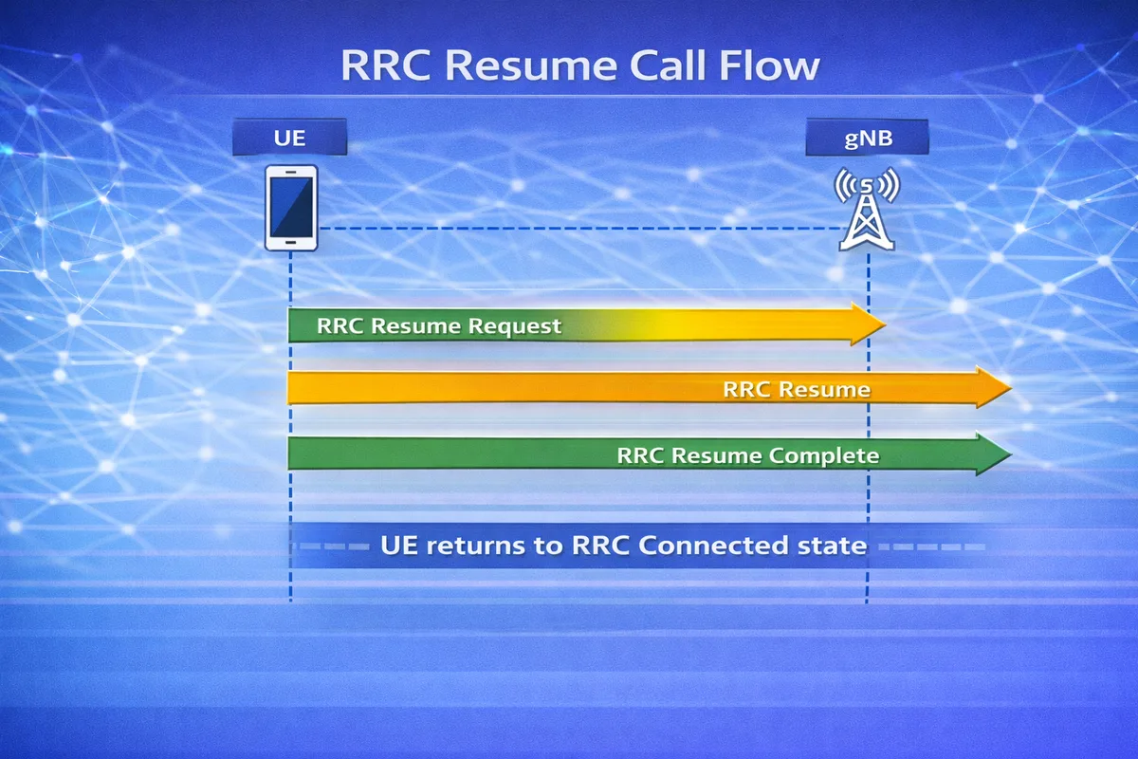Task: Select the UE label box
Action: click(289, 139)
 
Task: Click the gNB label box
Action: click(867, 139)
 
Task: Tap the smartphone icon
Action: click(291, 208)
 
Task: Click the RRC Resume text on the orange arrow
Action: click(796, 389)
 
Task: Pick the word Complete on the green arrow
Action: click(824, 455)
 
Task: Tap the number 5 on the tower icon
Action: click(867, 182)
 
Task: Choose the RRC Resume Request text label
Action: click(439, 326)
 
